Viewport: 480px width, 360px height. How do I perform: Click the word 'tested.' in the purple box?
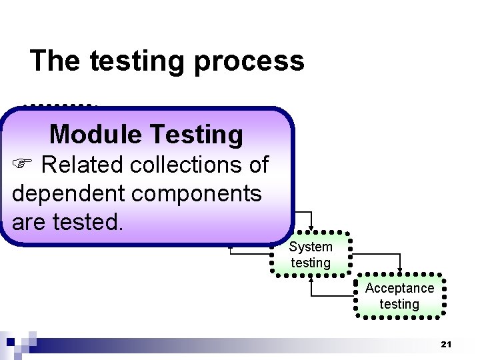(88, 222)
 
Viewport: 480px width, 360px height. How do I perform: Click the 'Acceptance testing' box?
(399, 296)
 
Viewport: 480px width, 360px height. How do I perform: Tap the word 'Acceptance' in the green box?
(399, 288)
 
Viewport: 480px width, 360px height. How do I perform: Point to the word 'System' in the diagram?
(311, 247)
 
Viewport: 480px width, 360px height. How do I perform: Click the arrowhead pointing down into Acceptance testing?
(399, 270)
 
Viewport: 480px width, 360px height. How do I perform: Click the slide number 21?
(446, 345)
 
